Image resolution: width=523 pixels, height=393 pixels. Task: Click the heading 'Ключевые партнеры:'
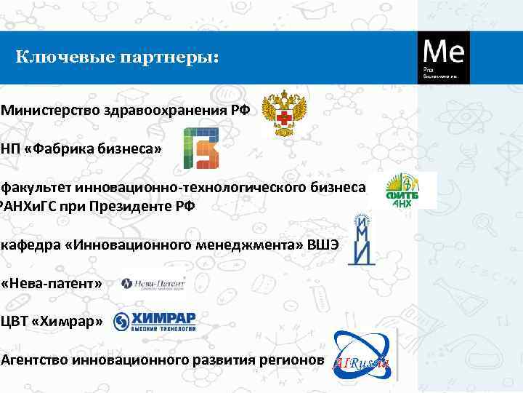click(x=117, y=57)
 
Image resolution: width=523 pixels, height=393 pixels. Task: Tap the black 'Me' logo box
click(x=443, y=57)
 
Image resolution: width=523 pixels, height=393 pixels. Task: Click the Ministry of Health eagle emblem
click(x=284, y=113)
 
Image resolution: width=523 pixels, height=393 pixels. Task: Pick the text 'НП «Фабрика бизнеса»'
click(x=81, y=149)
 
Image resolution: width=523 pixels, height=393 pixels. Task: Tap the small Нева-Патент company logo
click(x=153, y=283)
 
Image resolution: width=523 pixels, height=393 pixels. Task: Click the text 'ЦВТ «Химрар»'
click(x=53, y=322)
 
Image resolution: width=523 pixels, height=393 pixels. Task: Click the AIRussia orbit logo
click(x=363, y=354)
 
